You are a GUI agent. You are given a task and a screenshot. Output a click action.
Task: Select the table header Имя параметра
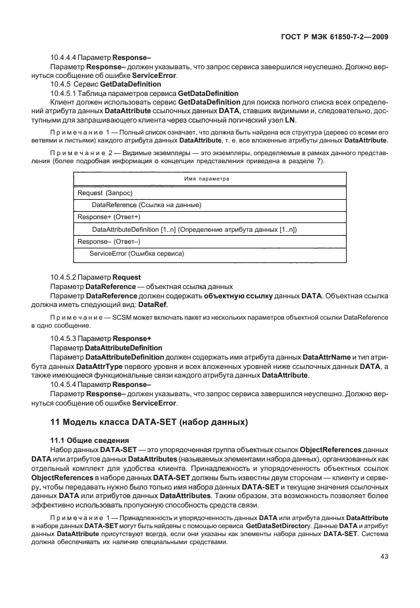point(205,178)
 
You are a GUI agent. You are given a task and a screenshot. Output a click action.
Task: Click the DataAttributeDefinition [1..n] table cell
point(194,229)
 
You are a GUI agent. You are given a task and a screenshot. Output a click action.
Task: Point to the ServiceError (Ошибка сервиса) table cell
point(137,254)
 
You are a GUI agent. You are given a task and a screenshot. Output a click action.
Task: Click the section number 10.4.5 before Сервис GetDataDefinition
point(65,84)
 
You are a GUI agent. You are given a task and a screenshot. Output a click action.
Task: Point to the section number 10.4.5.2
point(69,276)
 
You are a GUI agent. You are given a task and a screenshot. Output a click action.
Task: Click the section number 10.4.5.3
point(69,339)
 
